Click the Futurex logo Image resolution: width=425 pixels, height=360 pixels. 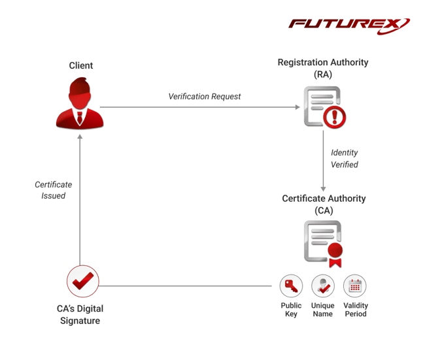(x=350, y=25)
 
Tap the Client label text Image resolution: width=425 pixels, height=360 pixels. (x=81, y=66)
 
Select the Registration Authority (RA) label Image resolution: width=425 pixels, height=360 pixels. (x=322, y=68)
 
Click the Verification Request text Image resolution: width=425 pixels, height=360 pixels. (x=204, y=97)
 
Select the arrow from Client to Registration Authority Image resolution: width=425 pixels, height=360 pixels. (x=196, y=106)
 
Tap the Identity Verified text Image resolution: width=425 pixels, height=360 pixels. (x=344, y=159)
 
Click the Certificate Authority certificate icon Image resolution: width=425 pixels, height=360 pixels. (x=321, y=240)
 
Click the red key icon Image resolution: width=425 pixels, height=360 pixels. (x=291, y=286)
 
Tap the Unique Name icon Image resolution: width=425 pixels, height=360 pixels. (x=323, y=286)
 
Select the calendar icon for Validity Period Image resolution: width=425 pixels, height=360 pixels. (x=355, y=286)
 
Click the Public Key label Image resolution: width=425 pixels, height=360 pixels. (x=291, y=310)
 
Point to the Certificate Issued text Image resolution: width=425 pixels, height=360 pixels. (x=53, y=190)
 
